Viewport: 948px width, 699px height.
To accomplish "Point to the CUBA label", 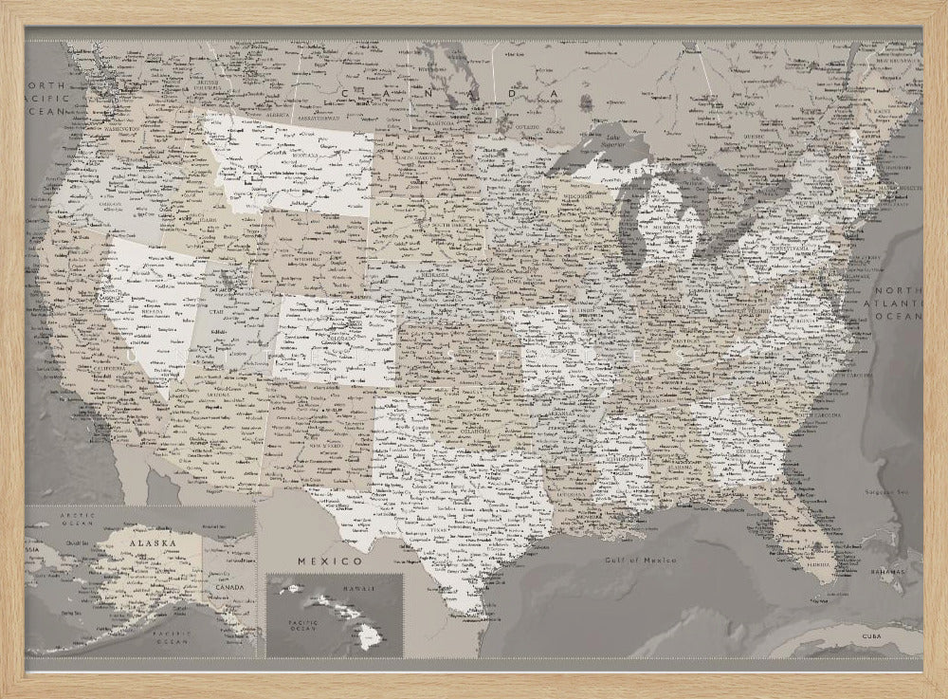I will (x=872, y=635).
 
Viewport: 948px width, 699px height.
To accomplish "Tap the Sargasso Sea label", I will (x=886, y=492).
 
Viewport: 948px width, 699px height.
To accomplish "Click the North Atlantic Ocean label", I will (x=897, y=304).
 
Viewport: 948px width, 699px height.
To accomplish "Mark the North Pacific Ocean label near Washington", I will (x=49, y=98).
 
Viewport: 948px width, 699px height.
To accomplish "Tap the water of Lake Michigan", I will (x=629, y=223).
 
